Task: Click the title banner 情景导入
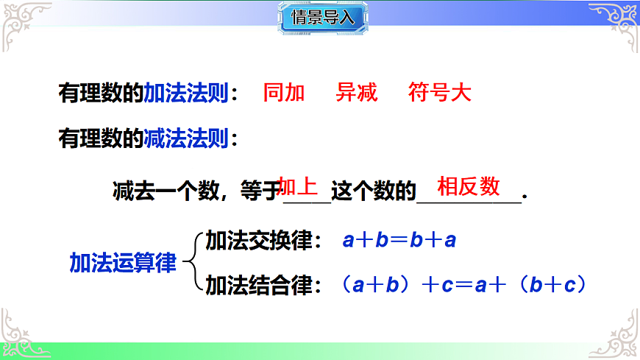(x=322, y=18)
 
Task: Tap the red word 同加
(x=284, y=93)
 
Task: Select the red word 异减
(x=357, y=93)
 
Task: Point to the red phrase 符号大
(x=439, y=93)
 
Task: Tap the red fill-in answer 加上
(x=299, y=186)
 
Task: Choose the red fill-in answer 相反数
(x=469, y=186)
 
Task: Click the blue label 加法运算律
(x=123, y=263)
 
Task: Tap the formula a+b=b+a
(x=399, y=241)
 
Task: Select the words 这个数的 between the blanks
(x=374, y=191)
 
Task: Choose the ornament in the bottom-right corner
(x=618, y=331)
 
